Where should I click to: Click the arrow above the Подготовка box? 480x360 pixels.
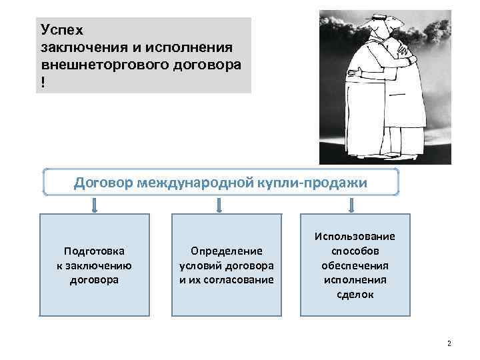95,205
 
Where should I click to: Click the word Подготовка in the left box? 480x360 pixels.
94,251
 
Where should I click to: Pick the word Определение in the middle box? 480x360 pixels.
227,251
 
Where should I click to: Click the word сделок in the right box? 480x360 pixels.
355,294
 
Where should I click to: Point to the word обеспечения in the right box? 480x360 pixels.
355,265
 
